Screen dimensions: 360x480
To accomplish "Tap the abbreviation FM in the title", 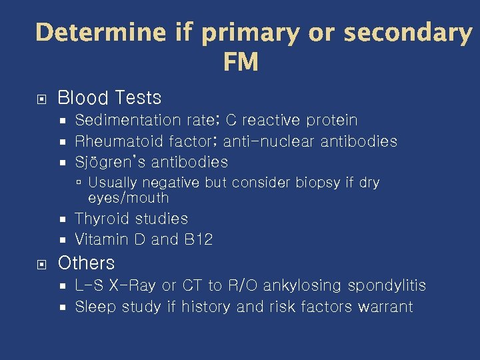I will coord(241,63).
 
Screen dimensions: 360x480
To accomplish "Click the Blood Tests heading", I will coord(109,98).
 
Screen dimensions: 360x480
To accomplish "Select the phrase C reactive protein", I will coord(292,121).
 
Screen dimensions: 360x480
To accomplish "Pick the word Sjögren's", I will coord(111,162).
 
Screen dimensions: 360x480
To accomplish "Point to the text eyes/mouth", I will coord(128,198).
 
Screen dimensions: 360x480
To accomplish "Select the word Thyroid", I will coord(102,219).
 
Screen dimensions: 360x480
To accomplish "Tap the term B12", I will coord(198,239).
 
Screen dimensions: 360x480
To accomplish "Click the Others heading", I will coord(86,263).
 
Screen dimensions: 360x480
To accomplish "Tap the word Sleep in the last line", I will coord(94,307).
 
